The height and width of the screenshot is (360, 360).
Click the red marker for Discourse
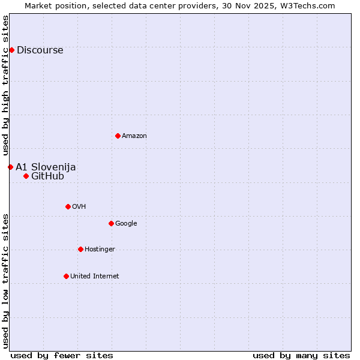(x=11, y=50)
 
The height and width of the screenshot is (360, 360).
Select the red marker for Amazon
(x=118, y=136)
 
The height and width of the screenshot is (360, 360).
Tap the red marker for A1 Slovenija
(x=10, y=167)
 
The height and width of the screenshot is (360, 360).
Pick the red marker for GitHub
(x=26, y=176)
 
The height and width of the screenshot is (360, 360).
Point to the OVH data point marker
(x=68, y=206)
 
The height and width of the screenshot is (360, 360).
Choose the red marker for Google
(x=111, y=223)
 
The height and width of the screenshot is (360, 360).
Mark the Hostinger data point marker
(x=80, y=249)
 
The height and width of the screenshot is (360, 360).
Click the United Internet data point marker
(x=66, y=276)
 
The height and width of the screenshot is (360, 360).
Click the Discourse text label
(x=40, y=50)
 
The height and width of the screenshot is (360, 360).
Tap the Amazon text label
(x=134, y=136)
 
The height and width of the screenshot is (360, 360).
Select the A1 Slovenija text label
(x=46, y=167)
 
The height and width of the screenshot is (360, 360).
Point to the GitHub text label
(x=47, y=176)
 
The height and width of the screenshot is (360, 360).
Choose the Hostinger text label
(x=100, y=250)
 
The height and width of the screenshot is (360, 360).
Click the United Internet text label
(x=95, y=277)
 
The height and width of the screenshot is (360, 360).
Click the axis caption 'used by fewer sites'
(x=62, y=355)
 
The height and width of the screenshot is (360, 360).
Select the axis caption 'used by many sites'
(x=301, y=355)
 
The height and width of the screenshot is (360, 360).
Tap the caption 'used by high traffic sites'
(x=6, y=85)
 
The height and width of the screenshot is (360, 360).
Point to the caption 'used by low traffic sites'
(x=6, y=280)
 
